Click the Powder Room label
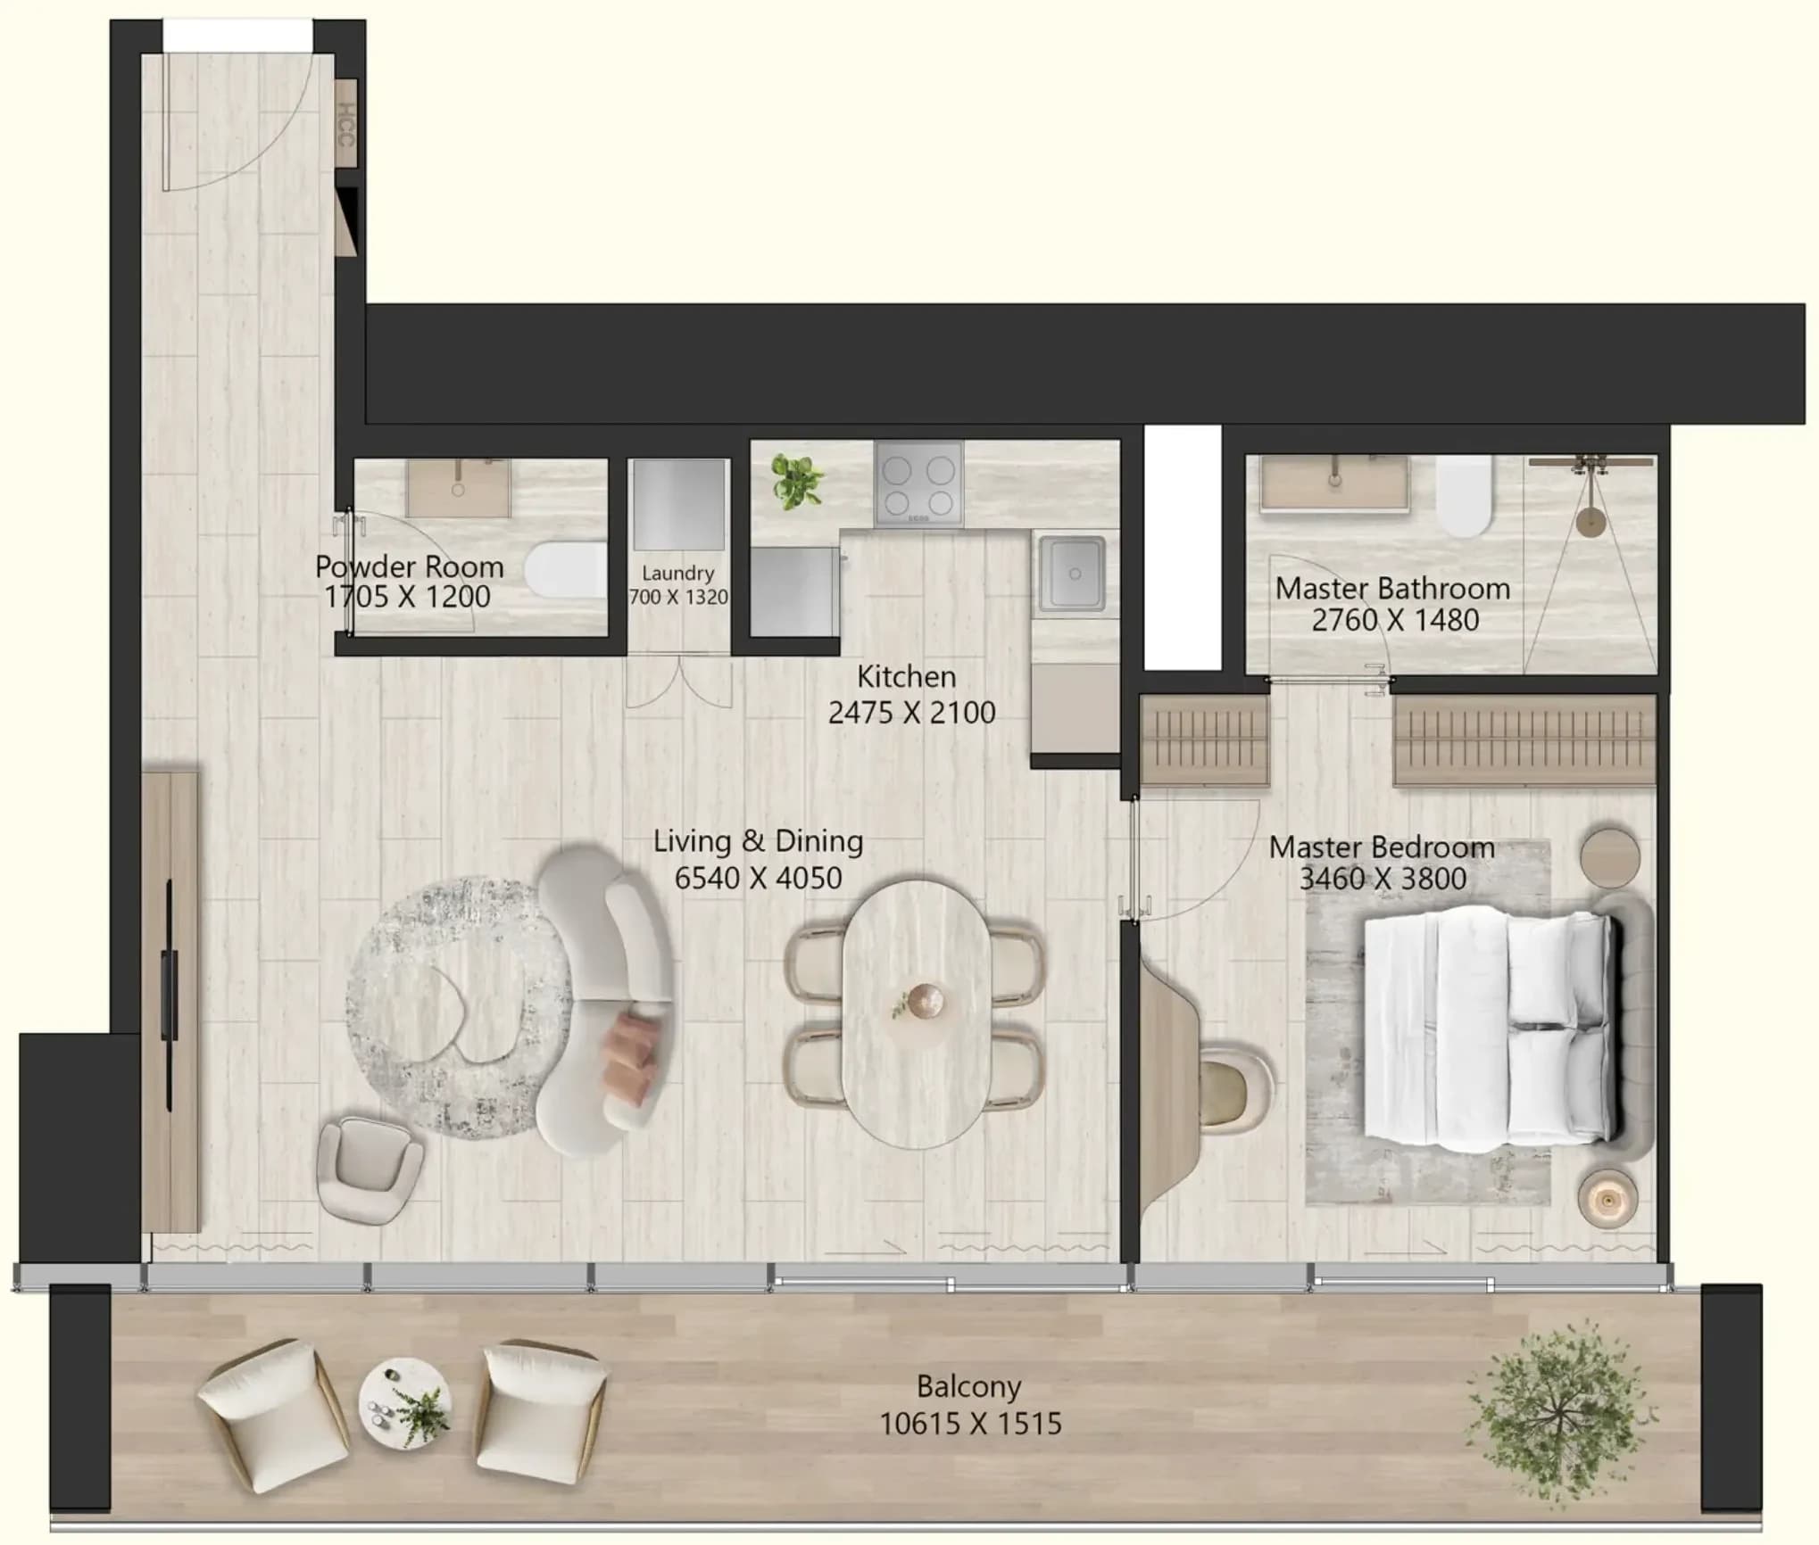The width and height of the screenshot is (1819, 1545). point(409,567)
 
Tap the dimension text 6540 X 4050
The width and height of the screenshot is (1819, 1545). point(758,878)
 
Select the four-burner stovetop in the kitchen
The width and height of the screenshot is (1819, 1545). point(918,484)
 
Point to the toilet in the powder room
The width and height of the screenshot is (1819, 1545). point(566,570)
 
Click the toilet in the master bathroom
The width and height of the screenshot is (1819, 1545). point(1464,496)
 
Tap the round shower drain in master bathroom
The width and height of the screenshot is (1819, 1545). point(1590,522)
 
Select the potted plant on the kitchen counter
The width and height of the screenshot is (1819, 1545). point(797,482)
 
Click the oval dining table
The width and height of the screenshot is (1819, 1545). point(916,1014)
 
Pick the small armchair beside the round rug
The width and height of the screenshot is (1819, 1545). point(370,1169)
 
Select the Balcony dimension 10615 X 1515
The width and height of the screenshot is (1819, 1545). point(971,1424)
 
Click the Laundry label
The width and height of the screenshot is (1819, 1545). point(678,574)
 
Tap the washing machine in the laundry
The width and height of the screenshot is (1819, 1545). point(679,505)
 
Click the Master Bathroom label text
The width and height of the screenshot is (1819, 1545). point(1392,589)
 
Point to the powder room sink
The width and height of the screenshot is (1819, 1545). point(459,488)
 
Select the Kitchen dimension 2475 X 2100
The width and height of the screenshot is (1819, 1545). point(911,713)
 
